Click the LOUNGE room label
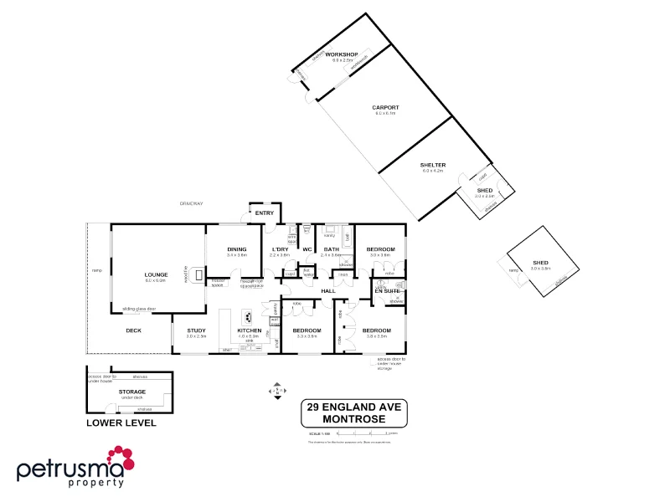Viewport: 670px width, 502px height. (156, 274)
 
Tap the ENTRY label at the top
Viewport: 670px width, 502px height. (265, 213)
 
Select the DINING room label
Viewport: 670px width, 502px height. (237, 248)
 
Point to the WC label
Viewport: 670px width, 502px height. (307, 248)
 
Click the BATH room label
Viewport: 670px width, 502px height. (332, 248)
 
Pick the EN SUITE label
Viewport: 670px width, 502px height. (388, 289)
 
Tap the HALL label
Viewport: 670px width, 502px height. (327, 290)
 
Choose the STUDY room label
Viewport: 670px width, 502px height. (197, 330)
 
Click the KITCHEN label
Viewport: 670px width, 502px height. (250, 330)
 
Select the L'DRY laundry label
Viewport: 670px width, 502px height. (280, 248)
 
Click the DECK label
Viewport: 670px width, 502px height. (133, 330)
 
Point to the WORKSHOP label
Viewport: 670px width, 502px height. (342, 54)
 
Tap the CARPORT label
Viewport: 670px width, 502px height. (385, 107)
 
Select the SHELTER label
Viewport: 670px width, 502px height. (432, 165)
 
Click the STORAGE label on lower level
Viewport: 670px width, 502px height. (132, 391)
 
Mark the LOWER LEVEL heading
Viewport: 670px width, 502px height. (121, 423)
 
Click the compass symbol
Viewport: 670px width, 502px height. (277, 390)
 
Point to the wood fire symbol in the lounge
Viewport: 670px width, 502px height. (198, 274)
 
